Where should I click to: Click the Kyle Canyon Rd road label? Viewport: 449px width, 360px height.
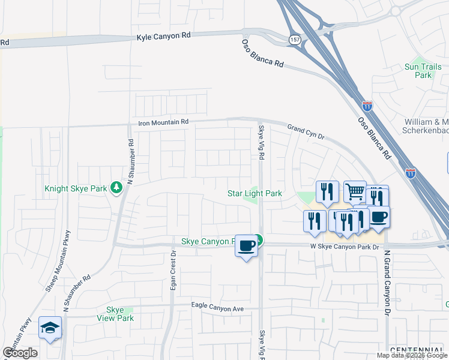(163, 36)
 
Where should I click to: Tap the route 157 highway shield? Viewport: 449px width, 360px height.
(294, 38)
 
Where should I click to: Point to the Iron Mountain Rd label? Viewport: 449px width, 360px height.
(163, 122)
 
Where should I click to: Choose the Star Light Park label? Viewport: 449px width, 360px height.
(255, 194)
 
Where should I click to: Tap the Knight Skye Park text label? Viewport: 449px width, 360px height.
(76, 188)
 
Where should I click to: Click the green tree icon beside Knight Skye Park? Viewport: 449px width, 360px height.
(116, 188)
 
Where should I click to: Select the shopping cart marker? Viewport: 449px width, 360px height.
(355, 191)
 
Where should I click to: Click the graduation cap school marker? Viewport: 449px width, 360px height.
(50, 327)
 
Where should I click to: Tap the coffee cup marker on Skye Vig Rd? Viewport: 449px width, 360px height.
(246, 245)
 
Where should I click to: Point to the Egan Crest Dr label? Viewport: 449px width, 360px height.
(173, 272)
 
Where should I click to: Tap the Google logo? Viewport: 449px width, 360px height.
(20, 353)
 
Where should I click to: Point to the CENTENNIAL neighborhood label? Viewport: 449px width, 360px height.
(418, 349)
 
